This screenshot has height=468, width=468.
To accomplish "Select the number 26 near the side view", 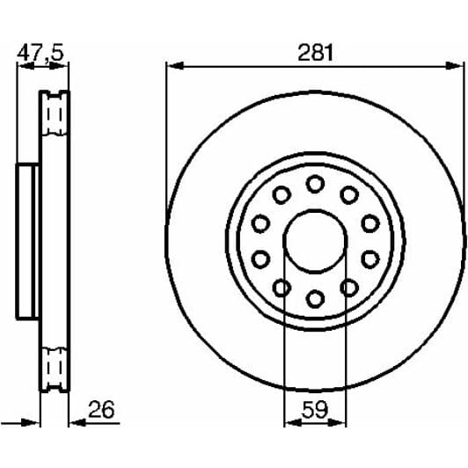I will pyautogui.click(x=101, y=410).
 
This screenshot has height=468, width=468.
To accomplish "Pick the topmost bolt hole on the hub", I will pyautogui.click(x=314, y=183).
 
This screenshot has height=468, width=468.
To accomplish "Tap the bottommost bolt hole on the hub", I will pyautogui.click(x=314, y=299).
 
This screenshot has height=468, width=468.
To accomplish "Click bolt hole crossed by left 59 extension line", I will pyautogui.click(x=282, y=287).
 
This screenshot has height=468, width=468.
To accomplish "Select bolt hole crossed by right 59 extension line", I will pyautogui.click(x=348, y=287).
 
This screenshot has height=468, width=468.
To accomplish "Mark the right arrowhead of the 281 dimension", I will pyautogui.click(x=457, y=65).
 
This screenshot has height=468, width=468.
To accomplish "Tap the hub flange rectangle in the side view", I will pyautogui.click(x=27, y=240).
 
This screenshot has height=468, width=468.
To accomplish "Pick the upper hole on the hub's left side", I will pyautogui.click(x=260, y=223).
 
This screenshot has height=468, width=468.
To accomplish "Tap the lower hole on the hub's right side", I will pyautogui.click(x=369, y=259).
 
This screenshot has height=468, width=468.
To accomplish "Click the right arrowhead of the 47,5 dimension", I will pyautogui.click(x=67, y=66).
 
